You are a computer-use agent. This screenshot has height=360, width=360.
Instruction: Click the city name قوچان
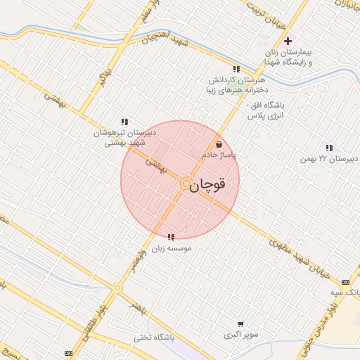pyautogui.click(x=209, y=184)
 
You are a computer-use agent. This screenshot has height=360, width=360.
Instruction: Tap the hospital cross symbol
pyautogui.click(x=288, y=41)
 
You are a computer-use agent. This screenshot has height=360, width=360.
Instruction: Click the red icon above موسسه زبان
pyautogui.click(x=172, y=237)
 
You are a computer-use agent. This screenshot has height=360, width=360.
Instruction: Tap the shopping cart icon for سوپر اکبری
pyautogui.click(x=241, y=324)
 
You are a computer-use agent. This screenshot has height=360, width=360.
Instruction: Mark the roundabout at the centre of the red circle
pyautogui.click(x=184, y=184)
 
